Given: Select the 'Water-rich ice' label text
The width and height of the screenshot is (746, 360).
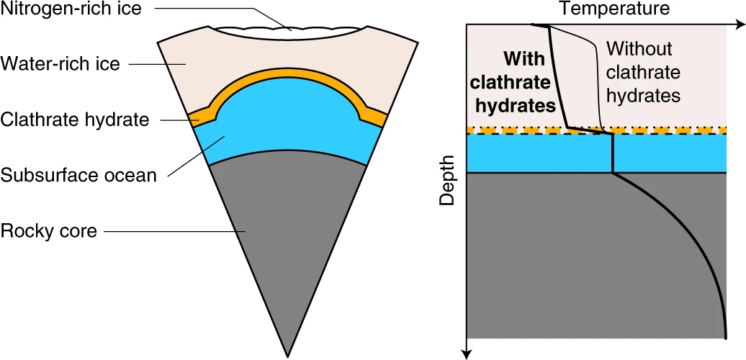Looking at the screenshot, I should click(x=60, y=64).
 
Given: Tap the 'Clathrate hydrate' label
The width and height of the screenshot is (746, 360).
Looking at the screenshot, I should click(x=74, y=120).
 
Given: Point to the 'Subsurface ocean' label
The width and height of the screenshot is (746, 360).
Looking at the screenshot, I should click(x=78, y=175).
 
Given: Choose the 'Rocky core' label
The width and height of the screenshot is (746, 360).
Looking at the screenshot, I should click(x=49, y=231).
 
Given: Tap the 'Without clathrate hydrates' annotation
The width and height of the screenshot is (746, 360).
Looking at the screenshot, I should click(x=643, y=71).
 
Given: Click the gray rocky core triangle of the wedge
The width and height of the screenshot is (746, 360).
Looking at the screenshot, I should click(x=288, y=230).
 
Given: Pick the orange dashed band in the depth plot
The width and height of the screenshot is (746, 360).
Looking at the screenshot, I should click(x=533, y=130).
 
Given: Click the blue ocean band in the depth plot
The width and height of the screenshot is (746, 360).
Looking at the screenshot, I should click(x=533, y=153).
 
